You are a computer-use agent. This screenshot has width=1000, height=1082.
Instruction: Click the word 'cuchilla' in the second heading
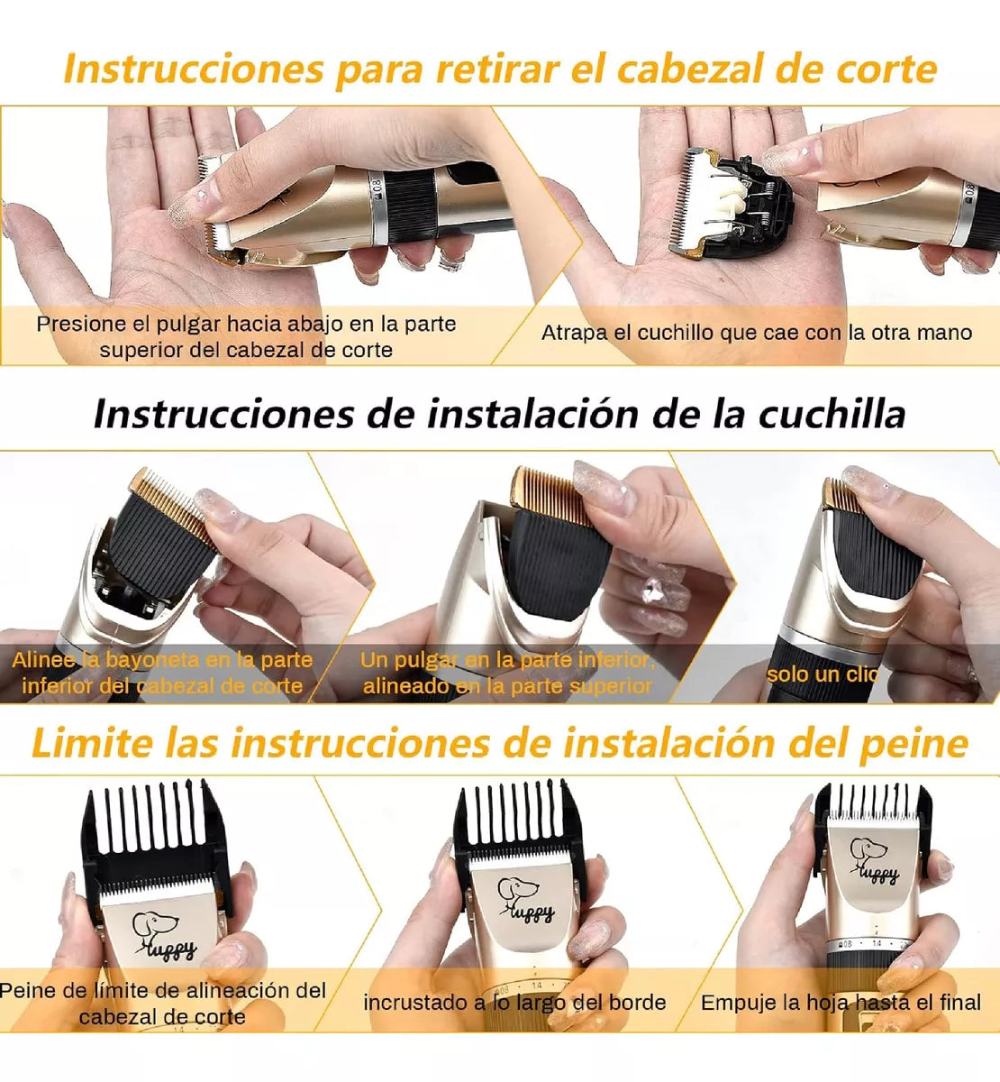point(831,414)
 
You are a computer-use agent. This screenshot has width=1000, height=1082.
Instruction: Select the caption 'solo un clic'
point(823,674)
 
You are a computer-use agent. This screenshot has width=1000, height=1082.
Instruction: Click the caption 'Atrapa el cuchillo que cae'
point(756,332)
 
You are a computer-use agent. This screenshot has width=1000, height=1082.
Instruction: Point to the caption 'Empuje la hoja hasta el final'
point(840,1002)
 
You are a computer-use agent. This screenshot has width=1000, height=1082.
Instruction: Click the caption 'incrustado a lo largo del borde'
point(514,1002)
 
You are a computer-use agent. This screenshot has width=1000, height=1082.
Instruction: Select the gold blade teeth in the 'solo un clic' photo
point(840,495)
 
